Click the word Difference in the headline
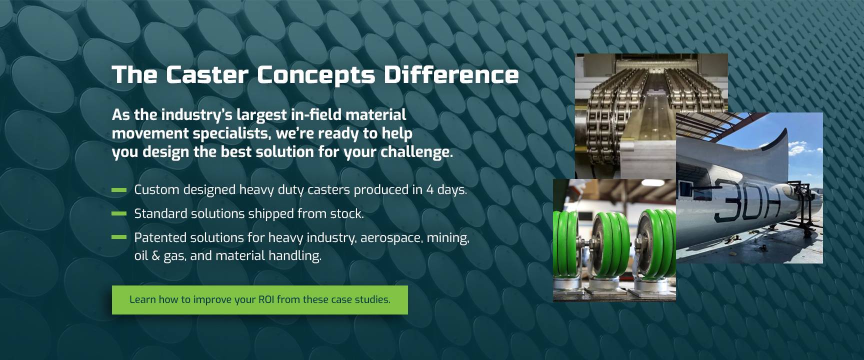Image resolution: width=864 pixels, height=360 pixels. pos(451,74)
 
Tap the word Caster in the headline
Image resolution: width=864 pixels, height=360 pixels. pos(207,74)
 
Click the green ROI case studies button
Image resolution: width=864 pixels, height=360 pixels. pos(260,300)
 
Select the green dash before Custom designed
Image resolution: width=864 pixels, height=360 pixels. pos(119,190)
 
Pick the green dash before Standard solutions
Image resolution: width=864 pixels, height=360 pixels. pos(119,213)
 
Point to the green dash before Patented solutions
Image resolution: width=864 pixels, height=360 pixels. pos(119,237)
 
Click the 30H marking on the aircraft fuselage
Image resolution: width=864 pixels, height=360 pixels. pos(747,199)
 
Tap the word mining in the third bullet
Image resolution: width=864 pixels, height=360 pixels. pos(447,238)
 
